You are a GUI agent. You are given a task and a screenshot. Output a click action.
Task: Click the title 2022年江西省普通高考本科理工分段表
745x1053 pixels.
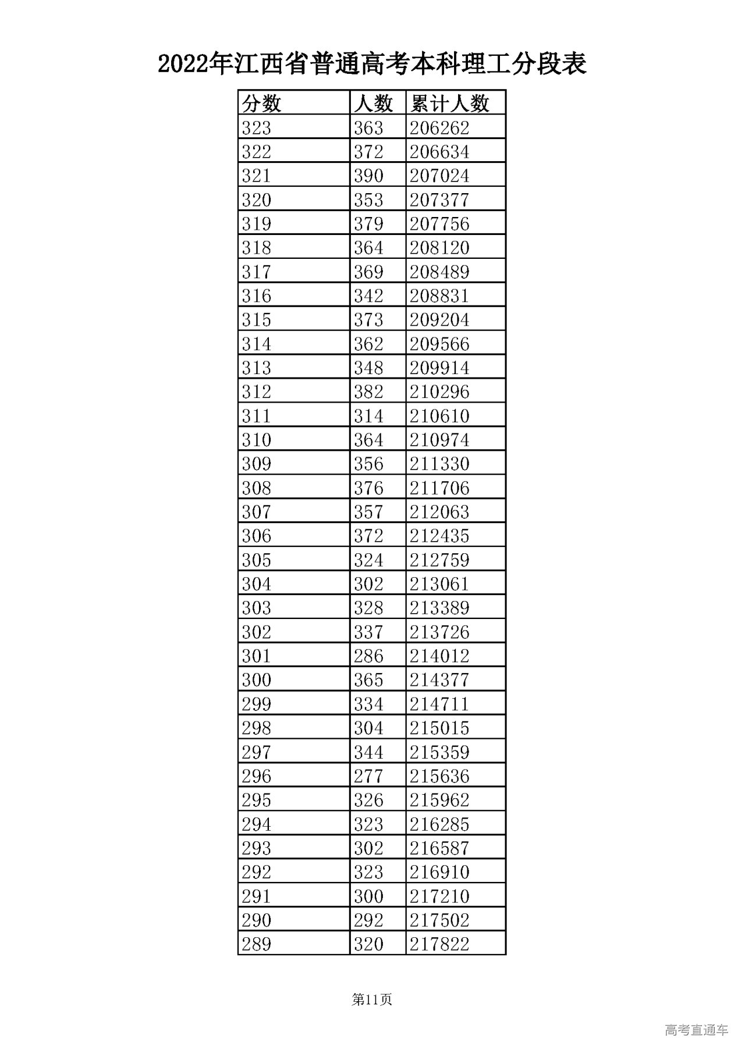click(372, 65)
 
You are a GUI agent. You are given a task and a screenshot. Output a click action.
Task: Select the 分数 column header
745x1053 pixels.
click(262, 104)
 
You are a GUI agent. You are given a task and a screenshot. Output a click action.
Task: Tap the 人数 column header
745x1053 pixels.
click(374, 104)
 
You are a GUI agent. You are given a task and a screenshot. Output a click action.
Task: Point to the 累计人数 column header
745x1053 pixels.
click(449, 104)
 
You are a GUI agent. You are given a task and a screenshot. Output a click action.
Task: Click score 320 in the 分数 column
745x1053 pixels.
click(257, 200)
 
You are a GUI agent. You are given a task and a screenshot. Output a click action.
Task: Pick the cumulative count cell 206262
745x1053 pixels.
click(439, 128)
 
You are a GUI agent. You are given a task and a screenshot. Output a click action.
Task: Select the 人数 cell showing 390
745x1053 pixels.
click(368, 176)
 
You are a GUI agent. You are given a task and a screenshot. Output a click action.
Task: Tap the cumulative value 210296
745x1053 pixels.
click(439, 392)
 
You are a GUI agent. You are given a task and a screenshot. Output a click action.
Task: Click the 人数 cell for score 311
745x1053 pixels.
click(368, 416)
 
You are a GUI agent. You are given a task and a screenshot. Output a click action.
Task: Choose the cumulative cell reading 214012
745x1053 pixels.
click(439, 656)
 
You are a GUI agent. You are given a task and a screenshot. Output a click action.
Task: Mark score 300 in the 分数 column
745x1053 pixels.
click(257, 680)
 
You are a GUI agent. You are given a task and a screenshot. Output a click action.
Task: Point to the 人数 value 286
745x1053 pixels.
click(368, 656)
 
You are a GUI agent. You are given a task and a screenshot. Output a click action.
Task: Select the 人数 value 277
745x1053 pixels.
click(368, 776)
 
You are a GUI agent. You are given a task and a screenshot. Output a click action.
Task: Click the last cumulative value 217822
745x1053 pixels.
click(439, 944)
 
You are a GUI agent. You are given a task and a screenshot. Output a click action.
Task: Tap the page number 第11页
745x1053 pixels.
click(372, 999)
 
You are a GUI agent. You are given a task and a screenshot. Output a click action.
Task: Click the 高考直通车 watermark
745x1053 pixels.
click(696, 1030)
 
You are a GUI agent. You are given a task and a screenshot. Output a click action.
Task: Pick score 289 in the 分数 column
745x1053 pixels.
click(257, 944)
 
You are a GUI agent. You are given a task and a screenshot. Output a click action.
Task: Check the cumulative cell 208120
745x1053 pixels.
click(439, 248)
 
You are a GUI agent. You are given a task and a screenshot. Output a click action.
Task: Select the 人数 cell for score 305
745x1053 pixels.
click(368, 560)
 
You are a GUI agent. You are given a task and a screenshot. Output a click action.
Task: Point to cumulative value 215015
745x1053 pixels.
click(439, 728)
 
